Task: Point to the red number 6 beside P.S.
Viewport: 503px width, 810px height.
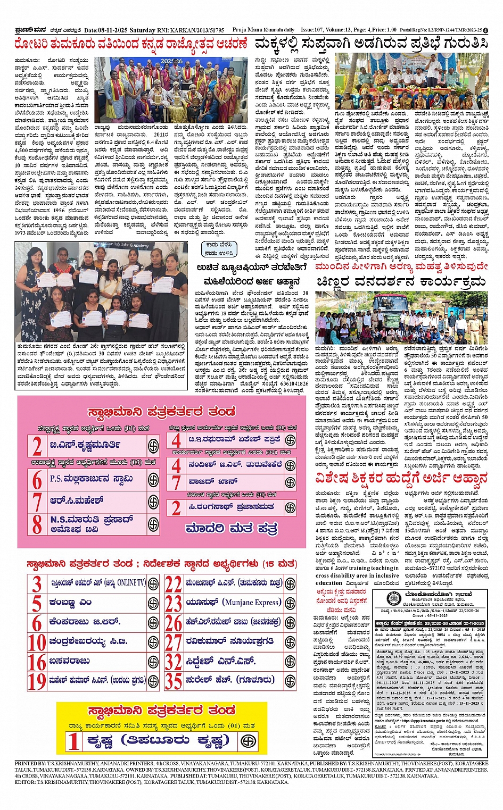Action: (x=37, y=480)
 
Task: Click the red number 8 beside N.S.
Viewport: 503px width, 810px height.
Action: (x=37, y=524)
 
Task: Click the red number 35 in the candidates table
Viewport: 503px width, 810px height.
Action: (x=174, y=680)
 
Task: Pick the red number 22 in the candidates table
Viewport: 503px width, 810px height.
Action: (x=174, y=584)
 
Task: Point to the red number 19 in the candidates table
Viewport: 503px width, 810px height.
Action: (x=37, y=680)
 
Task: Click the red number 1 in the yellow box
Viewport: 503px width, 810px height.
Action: (x=73, y=741)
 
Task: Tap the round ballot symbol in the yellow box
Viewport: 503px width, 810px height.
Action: (x=248, y=740)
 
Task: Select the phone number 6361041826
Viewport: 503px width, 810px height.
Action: (x=288, y=383)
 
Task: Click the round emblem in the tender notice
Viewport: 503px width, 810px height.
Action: (x=393, y=598)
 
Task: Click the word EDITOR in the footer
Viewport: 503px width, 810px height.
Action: (x=25, y=782)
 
